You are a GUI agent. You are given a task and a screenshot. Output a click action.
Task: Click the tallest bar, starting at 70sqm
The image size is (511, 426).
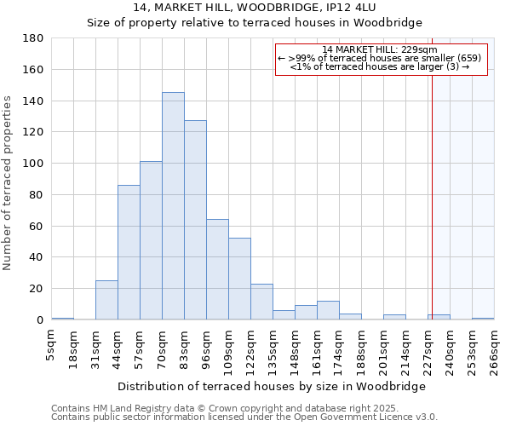pos(173,206)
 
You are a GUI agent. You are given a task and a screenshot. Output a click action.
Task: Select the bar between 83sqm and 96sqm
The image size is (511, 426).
pos(195,220)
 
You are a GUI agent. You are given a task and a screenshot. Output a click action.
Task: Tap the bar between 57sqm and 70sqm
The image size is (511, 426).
pos(151,240)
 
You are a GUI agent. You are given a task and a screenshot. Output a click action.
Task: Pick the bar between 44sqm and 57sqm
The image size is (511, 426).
pos(129,252)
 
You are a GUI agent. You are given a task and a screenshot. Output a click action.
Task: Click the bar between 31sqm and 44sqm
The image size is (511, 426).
pos(106,300)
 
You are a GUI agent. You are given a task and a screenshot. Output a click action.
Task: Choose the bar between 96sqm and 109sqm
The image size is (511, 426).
pos(217,269)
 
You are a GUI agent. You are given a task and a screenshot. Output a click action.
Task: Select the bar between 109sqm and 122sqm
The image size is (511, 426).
pos(239,279)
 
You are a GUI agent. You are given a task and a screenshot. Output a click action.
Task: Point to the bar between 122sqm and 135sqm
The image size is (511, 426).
pos(261,302)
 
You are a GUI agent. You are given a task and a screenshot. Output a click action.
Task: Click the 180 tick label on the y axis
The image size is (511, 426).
pos(33,38)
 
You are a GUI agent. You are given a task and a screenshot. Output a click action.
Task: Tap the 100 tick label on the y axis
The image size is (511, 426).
pos(33,164)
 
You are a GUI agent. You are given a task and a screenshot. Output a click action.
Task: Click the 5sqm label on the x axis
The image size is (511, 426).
pos(52,345)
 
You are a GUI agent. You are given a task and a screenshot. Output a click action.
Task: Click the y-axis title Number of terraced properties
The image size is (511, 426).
pos(9,183)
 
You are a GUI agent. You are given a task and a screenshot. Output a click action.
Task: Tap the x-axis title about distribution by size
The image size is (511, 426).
pos(271,386)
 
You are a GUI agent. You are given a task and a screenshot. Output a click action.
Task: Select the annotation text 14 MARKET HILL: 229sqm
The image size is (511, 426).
pos(381,49)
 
